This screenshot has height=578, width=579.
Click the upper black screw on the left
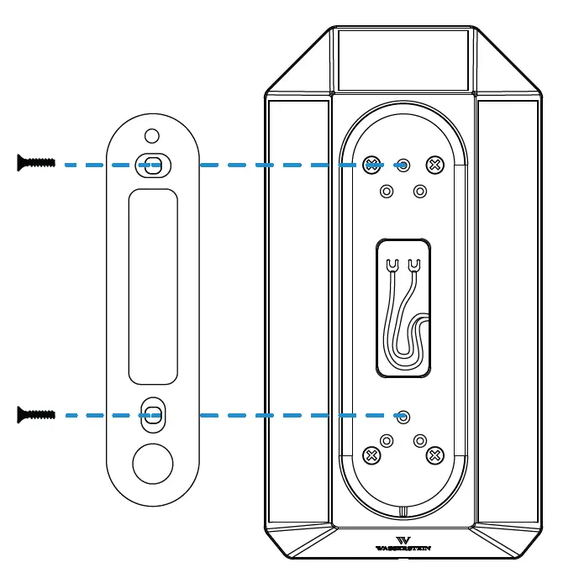point(35,163)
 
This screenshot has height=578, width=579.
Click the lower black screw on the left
point(35,413)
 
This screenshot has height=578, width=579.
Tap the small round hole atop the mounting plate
point(151,135)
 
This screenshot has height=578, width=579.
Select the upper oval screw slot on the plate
point(152,164)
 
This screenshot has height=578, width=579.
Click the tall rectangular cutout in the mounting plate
point(153,286)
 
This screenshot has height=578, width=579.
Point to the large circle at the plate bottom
point(153,463)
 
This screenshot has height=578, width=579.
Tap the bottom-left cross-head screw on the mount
point(371,455)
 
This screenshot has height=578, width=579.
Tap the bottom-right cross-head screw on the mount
point(435,455)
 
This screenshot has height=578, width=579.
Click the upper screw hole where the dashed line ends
point(403,166)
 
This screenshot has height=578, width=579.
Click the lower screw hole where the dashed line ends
point(403,415)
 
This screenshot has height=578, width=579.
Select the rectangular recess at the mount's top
point(403,60)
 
